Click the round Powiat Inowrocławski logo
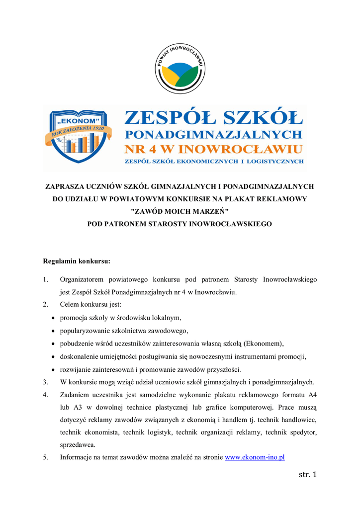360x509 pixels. pos(180,68)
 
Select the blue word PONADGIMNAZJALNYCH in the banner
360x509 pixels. pos(213,134)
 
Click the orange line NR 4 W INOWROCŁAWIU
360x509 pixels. pos(213,149)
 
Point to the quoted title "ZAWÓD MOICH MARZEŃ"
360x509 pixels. pos(180,211)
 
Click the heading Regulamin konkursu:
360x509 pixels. pos(77,260)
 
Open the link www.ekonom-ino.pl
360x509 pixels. pos(255,457)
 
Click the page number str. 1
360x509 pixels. pos(307,475)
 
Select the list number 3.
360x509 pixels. pos(45,382)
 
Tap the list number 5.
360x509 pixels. pos(45,457)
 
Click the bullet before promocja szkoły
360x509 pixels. pos(54,318)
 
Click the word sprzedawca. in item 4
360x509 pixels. pos(78,444)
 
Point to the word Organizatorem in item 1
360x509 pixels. pos(81,279)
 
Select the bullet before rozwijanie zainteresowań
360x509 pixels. pos(54,370)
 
